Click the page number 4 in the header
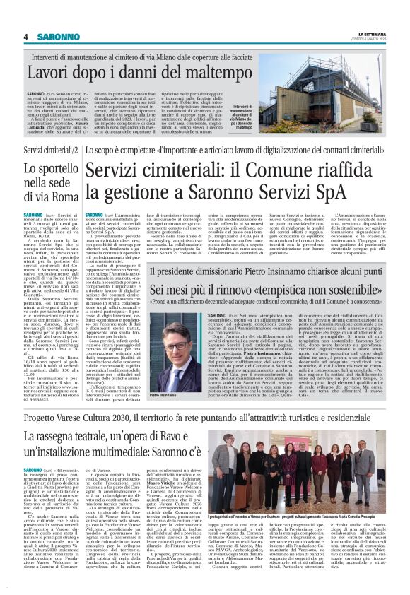[25, 37]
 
